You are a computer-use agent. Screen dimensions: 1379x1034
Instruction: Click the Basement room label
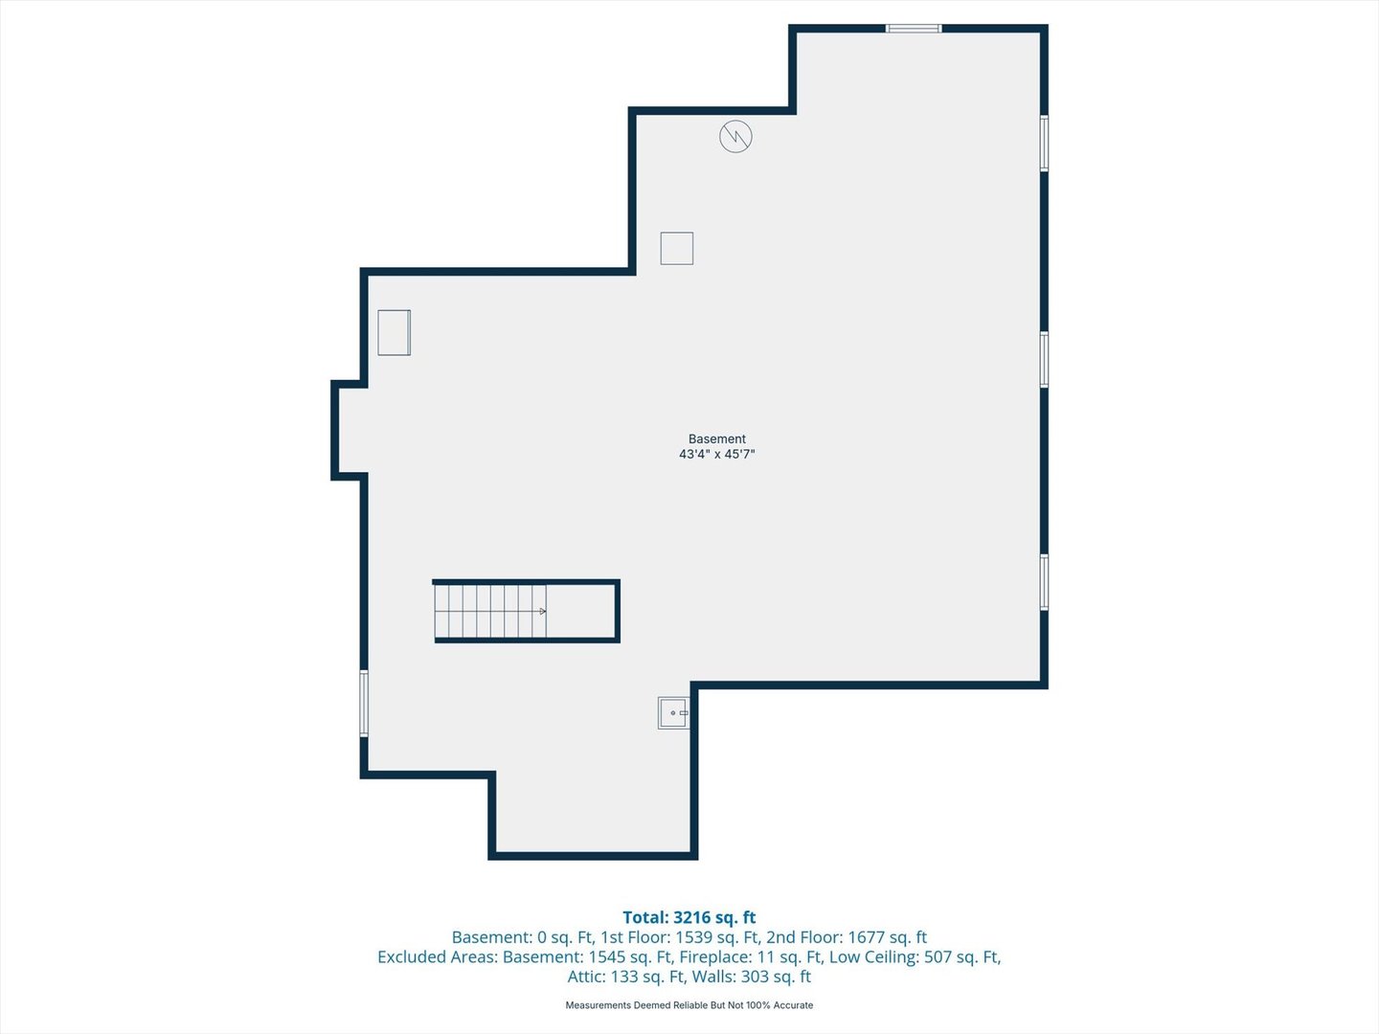tap(717, 438)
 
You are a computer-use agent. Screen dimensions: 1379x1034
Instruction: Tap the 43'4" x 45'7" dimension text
tap(717, 454)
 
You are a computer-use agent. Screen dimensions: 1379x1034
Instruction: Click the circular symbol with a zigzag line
tap(735, 136)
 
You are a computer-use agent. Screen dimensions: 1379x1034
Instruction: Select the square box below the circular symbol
tap(677, 248)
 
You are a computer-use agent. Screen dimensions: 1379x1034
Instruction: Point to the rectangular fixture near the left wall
tap(394, 333)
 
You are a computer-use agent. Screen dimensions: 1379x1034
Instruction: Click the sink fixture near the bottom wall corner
tap(673, 712)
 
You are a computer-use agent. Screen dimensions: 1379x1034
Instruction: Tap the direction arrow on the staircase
tap(542, 611)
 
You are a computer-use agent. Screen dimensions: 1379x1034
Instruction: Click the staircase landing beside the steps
tap(580, 611)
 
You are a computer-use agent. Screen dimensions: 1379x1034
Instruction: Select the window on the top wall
tap(914, 29)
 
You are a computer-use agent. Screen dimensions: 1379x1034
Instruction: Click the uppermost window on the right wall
tap(1044, 144)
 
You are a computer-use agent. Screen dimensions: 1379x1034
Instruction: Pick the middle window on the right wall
tap(1044, 360)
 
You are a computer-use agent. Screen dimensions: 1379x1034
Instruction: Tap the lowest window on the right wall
tap(1044, 582)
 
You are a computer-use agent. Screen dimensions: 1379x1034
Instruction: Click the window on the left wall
tap(364, 703)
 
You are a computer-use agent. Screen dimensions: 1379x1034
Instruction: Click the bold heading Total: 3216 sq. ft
tap(689, 917)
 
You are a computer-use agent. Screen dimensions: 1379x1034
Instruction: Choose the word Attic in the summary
tap(586, 977)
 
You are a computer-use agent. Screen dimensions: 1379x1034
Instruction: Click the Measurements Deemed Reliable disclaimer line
tap(689, 1005)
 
